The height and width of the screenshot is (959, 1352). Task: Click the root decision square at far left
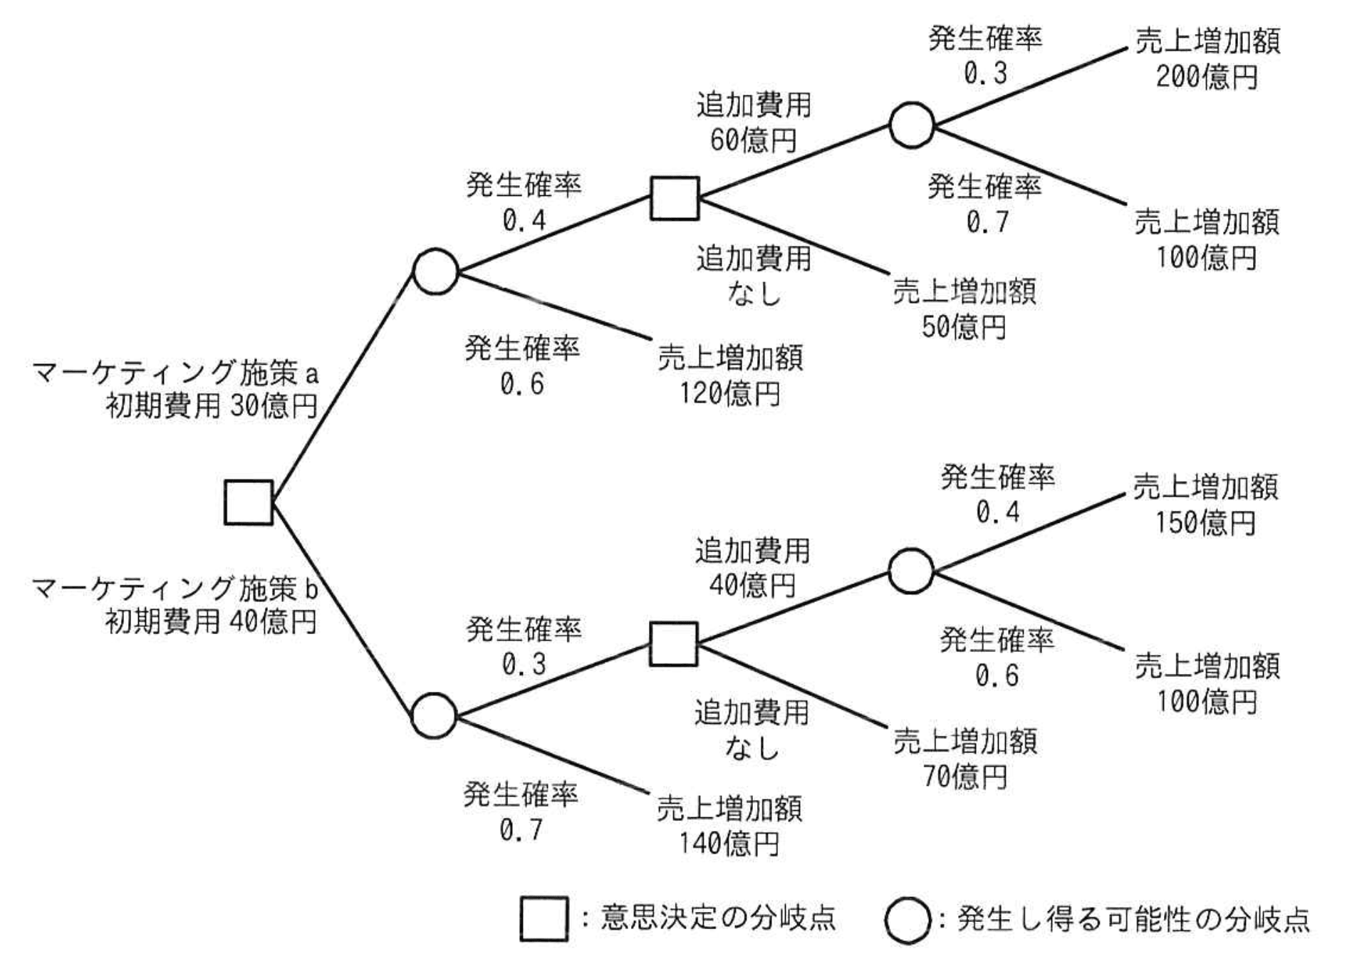click(249, 502)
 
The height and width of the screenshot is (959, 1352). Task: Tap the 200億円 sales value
click(1206, 77)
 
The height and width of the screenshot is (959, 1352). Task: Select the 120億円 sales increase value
click(729, 393)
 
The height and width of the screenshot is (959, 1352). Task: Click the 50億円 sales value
click(963, 327)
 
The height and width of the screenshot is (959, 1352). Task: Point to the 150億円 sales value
click(1205, 523)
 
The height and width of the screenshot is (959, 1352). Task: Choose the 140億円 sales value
click(728, 844)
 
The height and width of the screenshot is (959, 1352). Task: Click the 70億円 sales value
click(964, 776)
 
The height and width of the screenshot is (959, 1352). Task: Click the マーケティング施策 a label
click(175, 373)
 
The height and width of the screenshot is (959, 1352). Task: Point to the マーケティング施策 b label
click(175, 589)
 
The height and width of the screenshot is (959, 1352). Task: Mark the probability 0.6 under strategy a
click(521, 385)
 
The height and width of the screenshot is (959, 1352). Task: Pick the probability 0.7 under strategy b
click(521, 830)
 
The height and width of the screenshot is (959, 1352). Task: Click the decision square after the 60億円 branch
click(675, 198)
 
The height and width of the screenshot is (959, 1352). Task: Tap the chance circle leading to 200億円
click(911, 125)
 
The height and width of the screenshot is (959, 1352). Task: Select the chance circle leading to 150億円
click(911, 571)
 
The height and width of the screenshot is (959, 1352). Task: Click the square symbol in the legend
click(544, 919)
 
